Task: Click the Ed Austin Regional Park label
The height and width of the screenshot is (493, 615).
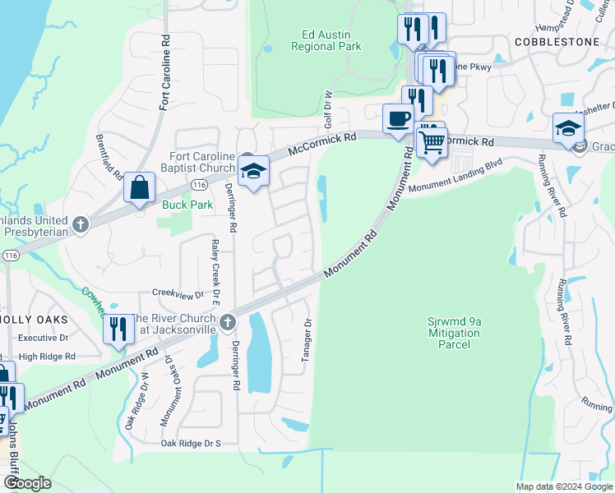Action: [326, 40]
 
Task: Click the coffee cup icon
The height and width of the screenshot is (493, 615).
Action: [399, 117]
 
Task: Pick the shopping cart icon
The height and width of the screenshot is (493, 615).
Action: [431, 143]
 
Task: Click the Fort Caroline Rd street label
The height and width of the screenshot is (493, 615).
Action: [165, 72]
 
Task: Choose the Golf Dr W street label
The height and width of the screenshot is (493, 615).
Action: [326, 108]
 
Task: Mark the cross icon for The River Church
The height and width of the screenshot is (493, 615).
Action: [229, 323]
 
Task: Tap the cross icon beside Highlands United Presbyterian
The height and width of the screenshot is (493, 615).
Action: [80, 223]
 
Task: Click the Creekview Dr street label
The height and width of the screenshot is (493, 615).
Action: [178, 294]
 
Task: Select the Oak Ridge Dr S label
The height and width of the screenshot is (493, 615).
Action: [191, 444]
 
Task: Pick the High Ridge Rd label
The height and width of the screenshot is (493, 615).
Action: [47, 357]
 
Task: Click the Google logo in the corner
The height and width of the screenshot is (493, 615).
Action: [27, 482]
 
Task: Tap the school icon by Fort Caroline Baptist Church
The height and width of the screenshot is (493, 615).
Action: [253, 172]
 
